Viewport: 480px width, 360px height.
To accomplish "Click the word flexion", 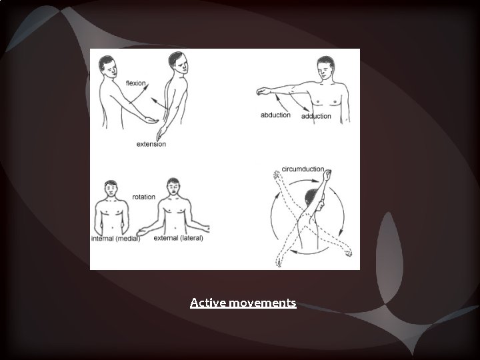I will click(137, 83).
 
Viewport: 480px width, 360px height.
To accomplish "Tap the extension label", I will click(151, 144).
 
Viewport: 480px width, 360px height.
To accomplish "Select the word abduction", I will click(275, 115).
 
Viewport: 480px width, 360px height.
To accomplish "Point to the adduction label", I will click(316, 116).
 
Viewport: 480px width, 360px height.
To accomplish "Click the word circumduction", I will click(302, 169).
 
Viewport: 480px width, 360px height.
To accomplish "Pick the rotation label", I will click(143, 197).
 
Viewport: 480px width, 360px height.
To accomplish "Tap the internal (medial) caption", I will click(115, 239).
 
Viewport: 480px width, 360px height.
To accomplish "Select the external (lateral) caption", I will click(178, 238).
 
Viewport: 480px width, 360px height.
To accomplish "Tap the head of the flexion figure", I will click(107, 66).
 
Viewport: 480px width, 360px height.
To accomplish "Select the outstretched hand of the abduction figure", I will click(259, 91).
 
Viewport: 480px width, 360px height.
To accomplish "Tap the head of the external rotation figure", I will click(175, 185).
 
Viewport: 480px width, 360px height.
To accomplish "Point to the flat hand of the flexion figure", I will click(153, 121).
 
